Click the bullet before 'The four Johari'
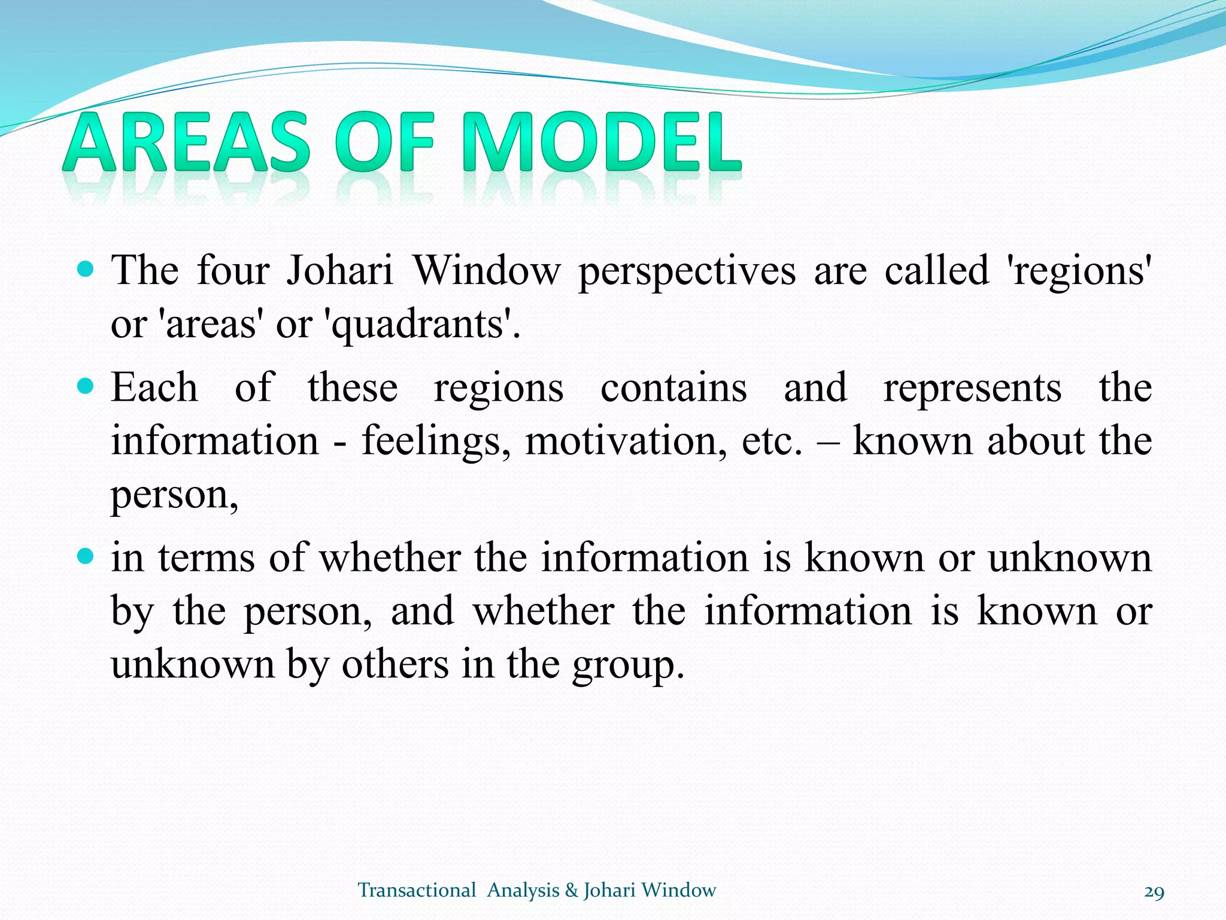click(x=86, y=269)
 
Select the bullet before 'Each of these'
click(x=86, y=386)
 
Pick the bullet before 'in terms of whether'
click(x=86, y=557)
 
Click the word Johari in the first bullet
click(x=339, y=271)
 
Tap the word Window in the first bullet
click(x=486, y=271)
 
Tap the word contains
click(x=673, y=388)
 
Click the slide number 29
click(x=1154, y=892)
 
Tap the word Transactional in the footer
click(x=417, y=890)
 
